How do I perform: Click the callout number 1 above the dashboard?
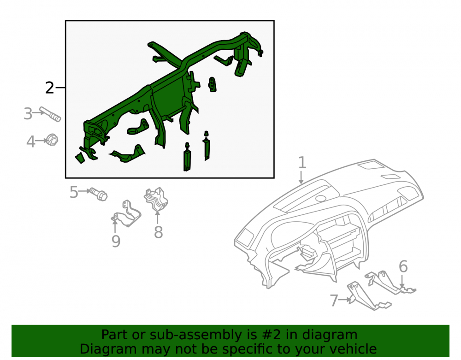pos(302,163)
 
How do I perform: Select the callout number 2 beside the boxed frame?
pos(50,88)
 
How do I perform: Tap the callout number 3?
pos(28,114)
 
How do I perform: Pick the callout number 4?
pos(30,142)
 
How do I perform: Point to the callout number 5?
pos(74,192)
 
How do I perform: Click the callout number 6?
pos(403,266)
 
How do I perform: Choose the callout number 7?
pos(334,301)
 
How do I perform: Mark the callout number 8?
pos(159,232)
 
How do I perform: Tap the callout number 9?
pos(116,241)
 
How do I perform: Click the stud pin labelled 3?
pos(50,114)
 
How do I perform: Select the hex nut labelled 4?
pos(52,140)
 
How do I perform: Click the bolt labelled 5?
pos(99,194)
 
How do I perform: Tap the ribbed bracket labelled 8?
pos(156,200)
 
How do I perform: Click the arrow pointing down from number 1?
pos(301,177)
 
